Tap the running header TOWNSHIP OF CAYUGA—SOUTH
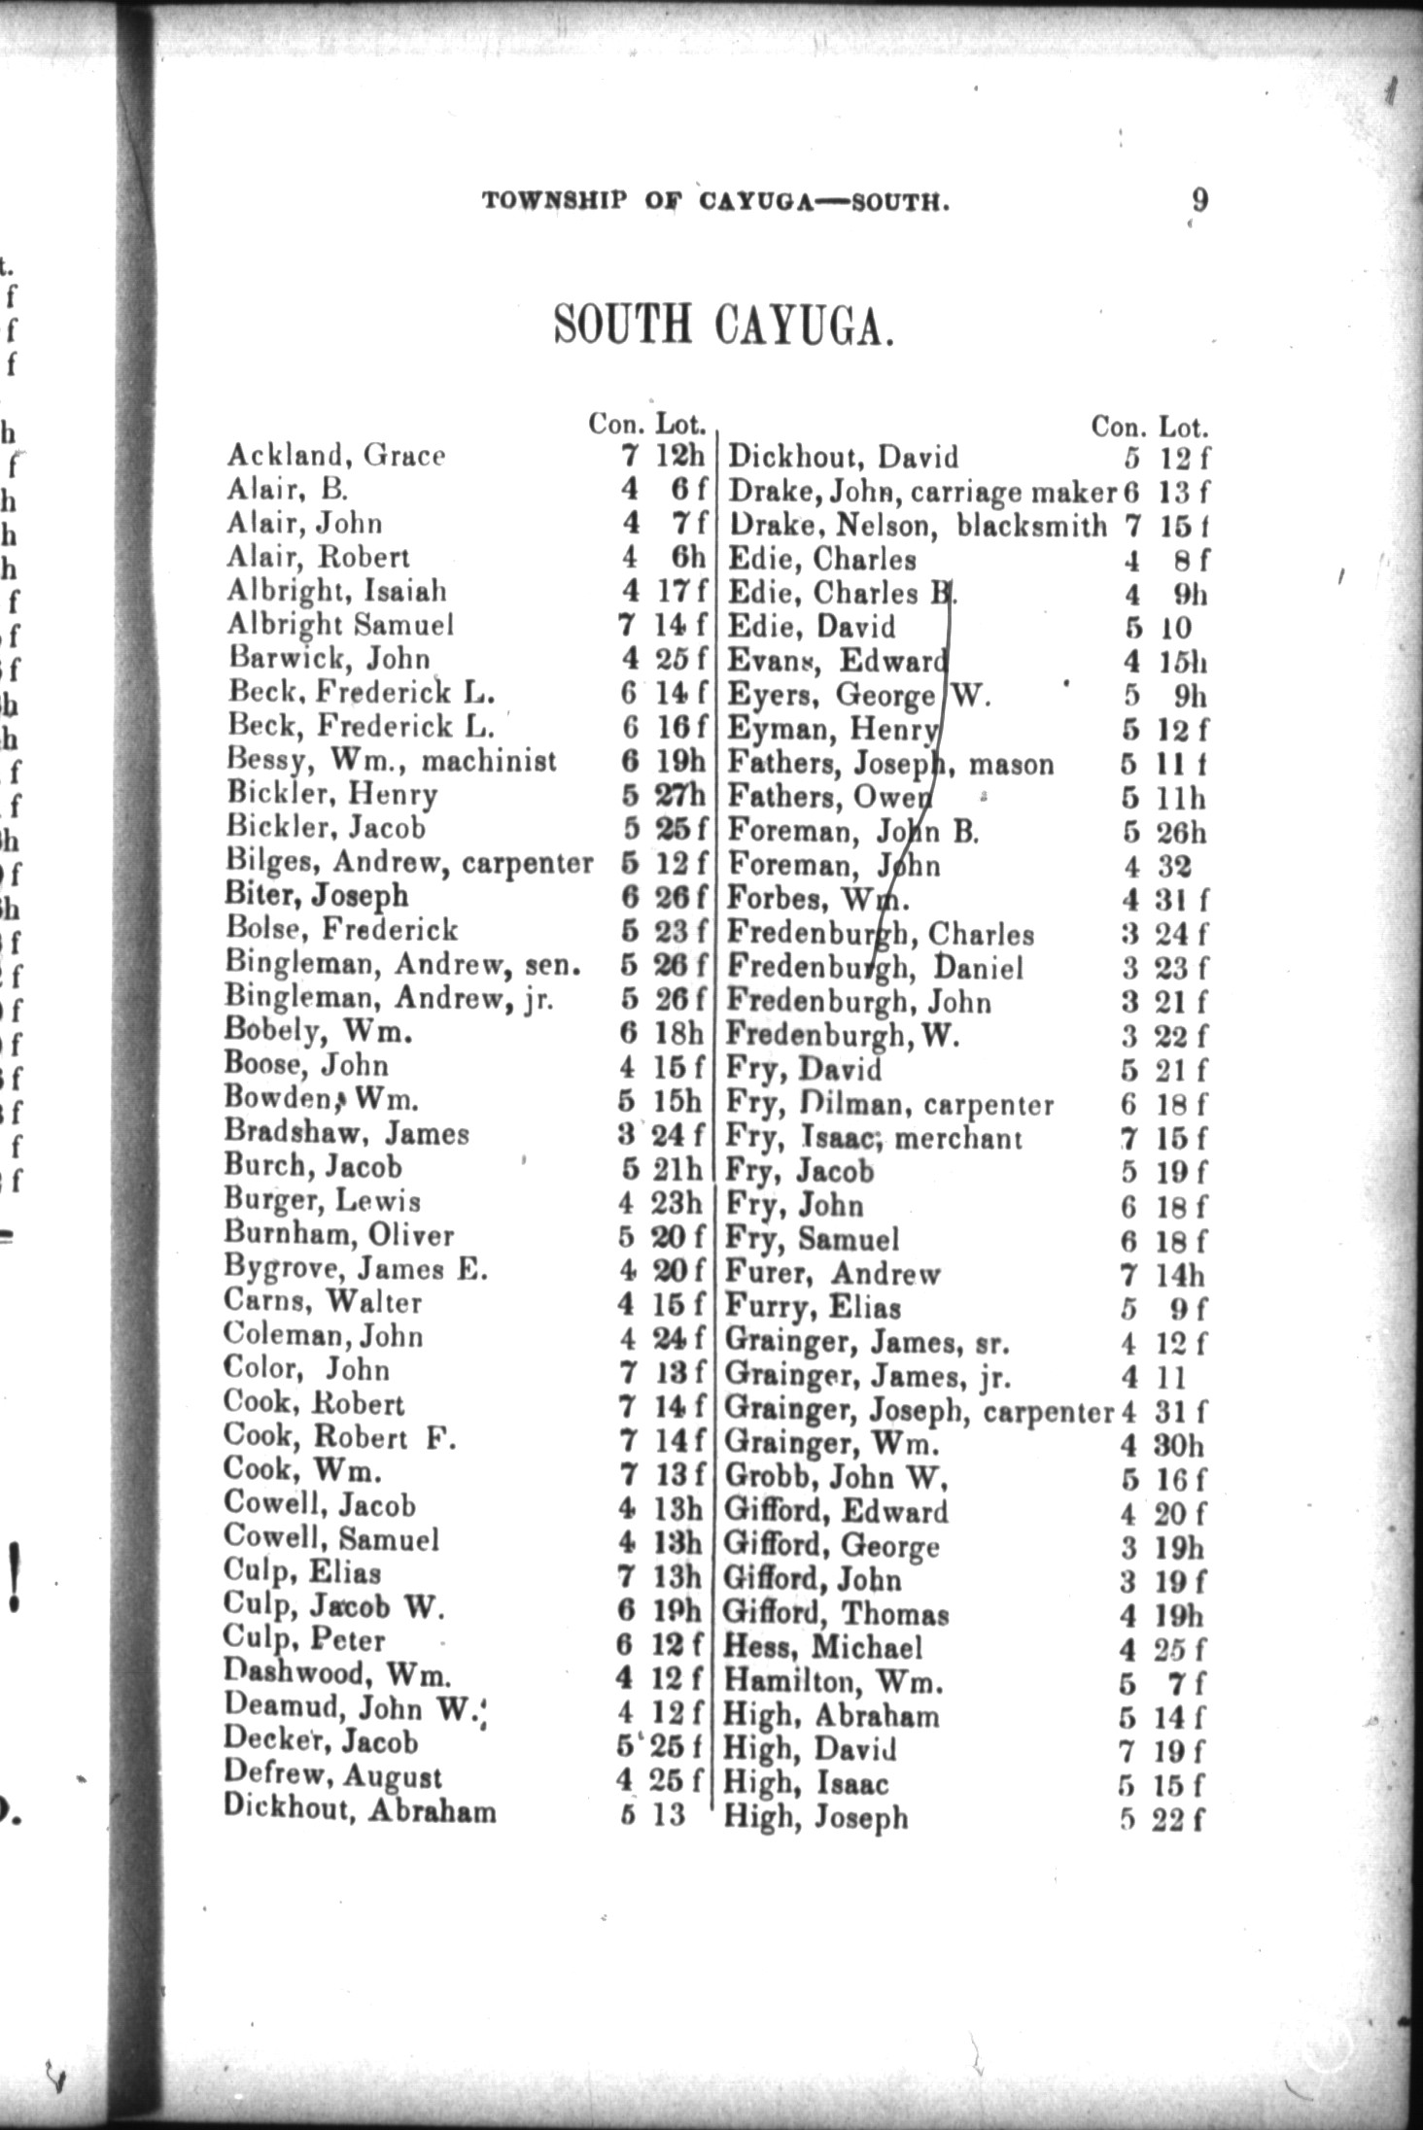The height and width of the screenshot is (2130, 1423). coord(715,202)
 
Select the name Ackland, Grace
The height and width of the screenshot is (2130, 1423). coord(336,455)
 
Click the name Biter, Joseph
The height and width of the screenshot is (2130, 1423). coord(317,895)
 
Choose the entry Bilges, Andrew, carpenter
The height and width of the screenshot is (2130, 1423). coord(409,862)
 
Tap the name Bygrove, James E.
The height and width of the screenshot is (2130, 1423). coord(356,1268)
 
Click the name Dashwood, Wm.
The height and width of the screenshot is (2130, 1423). coord(337,1673)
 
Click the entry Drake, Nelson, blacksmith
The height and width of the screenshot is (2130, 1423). coord(918,526)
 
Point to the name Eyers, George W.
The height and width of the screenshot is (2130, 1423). coord(858,696)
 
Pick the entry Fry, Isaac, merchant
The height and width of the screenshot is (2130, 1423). coord(874,1137)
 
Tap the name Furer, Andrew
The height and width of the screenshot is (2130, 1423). coord(833,1273)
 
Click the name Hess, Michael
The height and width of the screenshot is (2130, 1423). coord(822,1646)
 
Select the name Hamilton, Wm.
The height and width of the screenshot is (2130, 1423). coord(833,1680)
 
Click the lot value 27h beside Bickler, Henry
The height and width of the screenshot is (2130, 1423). coord(679,794)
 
